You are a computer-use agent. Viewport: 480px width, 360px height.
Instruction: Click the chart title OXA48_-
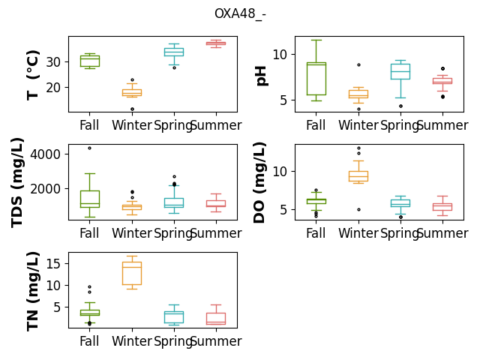click(240, 13)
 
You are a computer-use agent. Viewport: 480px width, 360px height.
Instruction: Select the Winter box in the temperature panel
click(132, 92)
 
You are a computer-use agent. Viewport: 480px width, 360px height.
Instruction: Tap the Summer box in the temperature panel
click(216, 43)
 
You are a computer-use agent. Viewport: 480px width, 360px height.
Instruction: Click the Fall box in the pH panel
click(316, 79)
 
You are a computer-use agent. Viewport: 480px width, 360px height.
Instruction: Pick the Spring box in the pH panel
click(400, 72)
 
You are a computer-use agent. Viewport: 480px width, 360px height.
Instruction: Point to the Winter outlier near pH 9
click(358, 65)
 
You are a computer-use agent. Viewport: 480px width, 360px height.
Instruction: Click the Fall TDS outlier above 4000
click(90, 148)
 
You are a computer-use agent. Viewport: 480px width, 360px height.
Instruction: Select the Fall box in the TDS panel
click(90, 199)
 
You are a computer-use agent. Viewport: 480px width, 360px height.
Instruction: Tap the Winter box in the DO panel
click(358, 176)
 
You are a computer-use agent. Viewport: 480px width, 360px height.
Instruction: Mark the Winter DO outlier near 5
click(358, 210)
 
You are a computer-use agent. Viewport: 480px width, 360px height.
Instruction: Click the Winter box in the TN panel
click(132, 273)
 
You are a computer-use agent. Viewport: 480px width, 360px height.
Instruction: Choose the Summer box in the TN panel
click(216, 318)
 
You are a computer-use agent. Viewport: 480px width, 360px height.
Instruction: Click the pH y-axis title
click(261, 76)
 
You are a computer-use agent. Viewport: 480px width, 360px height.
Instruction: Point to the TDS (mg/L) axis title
click(17, 183)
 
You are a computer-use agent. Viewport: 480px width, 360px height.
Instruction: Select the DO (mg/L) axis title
click(259, 183)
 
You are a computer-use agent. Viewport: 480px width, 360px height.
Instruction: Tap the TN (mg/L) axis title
click(32, 292)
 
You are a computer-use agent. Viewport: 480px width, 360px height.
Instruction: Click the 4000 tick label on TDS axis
click(45, 154)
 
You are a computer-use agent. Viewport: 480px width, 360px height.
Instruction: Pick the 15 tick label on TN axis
click(53, 263)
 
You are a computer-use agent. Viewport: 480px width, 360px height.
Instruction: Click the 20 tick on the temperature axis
click(53, 88)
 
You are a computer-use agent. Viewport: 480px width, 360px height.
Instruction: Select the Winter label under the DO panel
click(358, 233)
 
